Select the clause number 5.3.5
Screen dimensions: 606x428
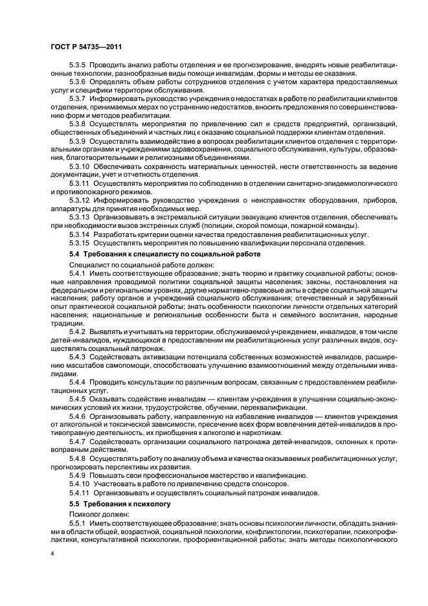78,66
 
